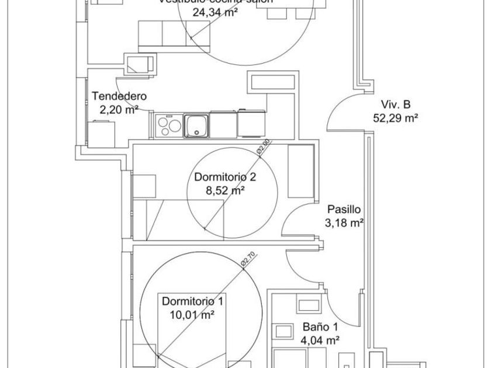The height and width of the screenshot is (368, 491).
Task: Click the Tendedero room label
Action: point(119,96)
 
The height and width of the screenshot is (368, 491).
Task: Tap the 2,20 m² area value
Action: point(119,109)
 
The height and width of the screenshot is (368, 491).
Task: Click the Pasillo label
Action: point(344,209)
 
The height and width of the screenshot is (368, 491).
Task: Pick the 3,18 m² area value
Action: point(344,222)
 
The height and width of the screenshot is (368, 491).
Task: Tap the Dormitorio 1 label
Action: point(192,302)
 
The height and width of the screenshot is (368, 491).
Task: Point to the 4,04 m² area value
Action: point(320,340)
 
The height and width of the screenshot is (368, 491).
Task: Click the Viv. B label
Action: point(396,105)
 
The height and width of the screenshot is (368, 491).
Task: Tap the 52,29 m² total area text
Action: point(396,117)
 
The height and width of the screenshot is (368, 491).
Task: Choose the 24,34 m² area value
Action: point(199,11)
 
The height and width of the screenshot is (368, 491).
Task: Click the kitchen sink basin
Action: point(196,124)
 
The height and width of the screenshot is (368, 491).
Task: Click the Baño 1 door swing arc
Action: point(339,304)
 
